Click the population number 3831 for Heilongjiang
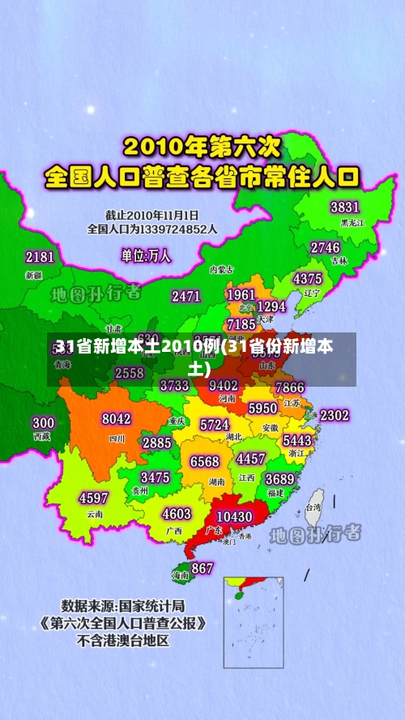pos(344,207)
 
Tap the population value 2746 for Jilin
pos(325,247)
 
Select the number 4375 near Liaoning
pos(307,278)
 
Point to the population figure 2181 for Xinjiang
pos(40,257)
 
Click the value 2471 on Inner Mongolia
pos(186,296)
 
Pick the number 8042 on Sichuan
pos(116,419)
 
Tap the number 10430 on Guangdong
pos(235,516)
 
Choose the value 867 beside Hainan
pos(202,568)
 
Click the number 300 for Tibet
pos(43,422)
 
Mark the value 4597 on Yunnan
pos(93,498)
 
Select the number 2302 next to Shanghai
pos(335,415)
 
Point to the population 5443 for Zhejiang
pos(297,439)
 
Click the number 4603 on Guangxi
pos(177,514)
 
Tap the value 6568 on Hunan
pos(204,461)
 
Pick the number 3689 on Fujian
pos(279,478)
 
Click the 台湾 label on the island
pos(313,508)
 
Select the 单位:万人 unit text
pos(146,255)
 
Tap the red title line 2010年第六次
pos(202,148)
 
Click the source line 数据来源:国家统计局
pos(123,606)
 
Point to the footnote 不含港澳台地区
pos(123,641)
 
